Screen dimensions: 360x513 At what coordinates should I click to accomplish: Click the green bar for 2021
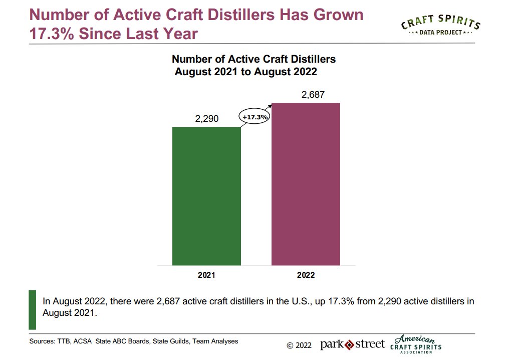206,196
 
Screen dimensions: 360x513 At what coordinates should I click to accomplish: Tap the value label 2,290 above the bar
206,119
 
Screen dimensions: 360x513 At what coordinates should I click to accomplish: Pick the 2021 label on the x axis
206,275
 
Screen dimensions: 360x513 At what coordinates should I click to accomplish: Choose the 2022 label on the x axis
306,275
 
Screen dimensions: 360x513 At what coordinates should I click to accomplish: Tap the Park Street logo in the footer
353,344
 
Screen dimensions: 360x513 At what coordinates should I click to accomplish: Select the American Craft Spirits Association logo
415,344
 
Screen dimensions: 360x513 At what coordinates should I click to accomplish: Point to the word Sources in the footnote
42,341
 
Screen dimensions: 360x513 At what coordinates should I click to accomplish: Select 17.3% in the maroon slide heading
56,34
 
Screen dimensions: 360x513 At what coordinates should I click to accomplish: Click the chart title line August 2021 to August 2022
245,72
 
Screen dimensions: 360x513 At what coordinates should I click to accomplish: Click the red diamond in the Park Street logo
349,344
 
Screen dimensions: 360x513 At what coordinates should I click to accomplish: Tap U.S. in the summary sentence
300,301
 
